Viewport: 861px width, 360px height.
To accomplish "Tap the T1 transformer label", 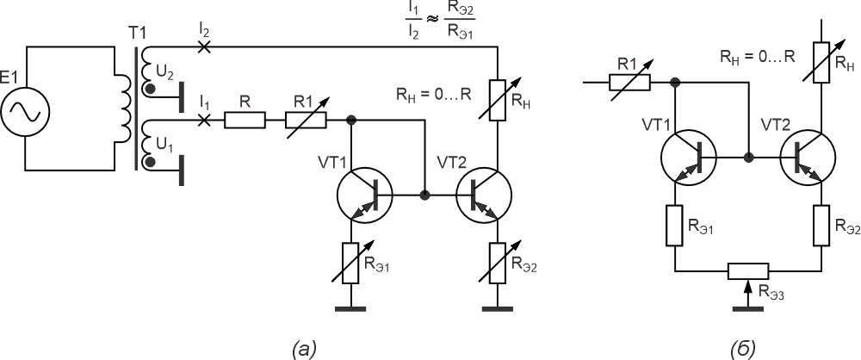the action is (x=137, y=34).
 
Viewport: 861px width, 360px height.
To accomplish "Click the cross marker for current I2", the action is (x=204, y=47).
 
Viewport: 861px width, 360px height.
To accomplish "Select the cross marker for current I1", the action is (x=204, y=120).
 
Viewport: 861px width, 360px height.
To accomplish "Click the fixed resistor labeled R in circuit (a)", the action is (x=245, y=120).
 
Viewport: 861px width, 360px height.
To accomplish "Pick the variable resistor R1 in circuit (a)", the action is (x=307, y=120).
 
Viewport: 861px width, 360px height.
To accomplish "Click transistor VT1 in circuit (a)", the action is (x=364, y=196).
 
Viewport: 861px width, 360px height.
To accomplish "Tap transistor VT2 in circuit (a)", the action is (x=484, y=196).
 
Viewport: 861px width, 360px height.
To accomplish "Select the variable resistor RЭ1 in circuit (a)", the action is (x=351, y=263).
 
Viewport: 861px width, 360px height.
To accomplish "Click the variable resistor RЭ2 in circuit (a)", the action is (x=498, y=263).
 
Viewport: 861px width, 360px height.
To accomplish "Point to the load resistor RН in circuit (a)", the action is (x=498, y=100).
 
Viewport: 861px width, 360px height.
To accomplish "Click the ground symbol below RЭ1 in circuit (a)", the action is (x=351, y=309).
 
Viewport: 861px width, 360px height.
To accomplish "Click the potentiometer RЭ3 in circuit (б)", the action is (x=748, y=271).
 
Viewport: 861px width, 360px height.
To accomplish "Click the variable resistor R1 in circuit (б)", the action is (x=629, y=83).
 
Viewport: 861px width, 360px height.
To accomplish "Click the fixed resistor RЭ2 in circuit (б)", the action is (x=821, y=226).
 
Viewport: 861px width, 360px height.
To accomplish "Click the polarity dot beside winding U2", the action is (x=149, y=89).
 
